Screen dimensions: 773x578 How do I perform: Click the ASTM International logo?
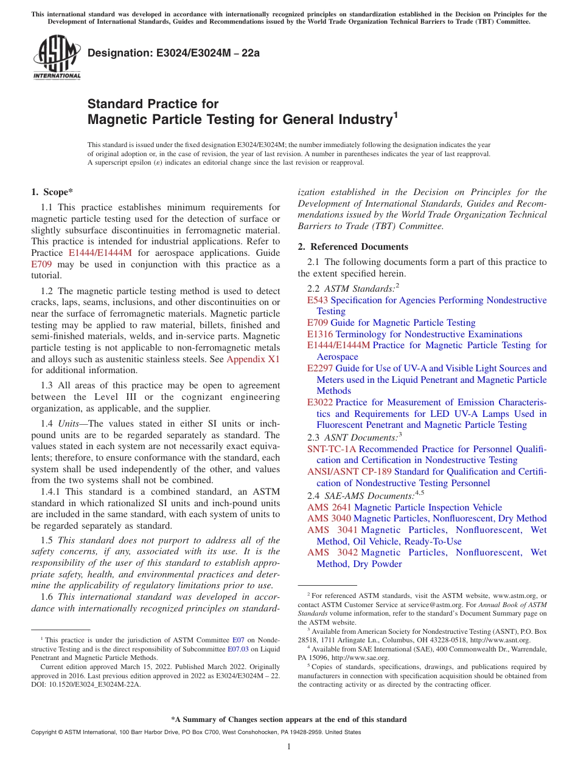pos(57,58)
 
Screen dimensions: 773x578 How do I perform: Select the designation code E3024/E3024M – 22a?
pos(173,53)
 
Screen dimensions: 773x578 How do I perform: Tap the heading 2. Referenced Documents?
pos(353,247)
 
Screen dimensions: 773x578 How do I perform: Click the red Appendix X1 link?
pos(253,359)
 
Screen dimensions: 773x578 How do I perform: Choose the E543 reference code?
pos(318,300)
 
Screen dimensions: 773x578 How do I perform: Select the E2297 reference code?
pos(320,368)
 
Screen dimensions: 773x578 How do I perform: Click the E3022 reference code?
pos(320,402)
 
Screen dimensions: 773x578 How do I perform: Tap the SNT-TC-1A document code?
pos(332,449)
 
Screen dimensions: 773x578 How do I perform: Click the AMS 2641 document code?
pos(329,507)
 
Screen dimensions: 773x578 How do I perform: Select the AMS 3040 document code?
pos(329,518)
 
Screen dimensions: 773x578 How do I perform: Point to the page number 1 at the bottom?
pos(289,747)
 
